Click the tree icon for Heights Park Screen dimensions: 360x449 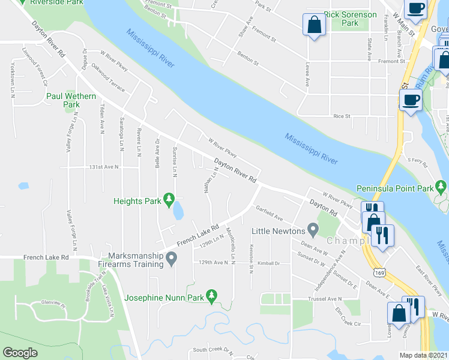click(x=169, y=198)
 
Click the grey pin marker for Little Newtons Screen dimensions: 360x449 click(x=312, y=230)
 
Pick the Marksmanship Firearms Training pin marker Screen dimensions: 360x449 click(x=172, y=259)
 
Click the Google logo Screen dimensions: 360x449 click(x=20, y=353)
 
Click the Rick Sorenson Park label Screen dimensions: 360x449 click(x=350, y=19)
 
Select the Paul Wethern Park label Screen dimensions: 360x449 click(x=63, y=100)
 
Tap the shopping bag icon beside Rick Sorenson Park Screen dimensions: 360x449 click(x=314, y=25)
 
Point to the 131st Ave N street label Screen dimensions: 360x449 click(x=104, y=167)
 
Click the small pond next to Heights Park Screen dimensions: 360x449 click(x=178, y=211)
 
